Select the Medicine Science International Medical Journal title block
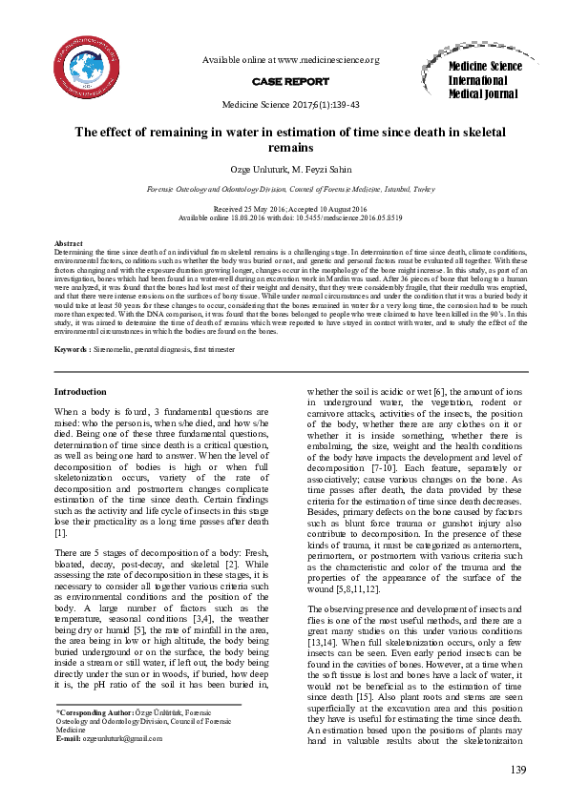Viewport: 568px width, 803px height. [x=485, y=80]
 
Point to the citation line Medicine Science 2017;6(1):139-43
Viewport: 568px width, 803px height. [x=290, y=105]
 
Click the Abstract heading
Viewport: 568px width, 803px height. [x=70, y=244]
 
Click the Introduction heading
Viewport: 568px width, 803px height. [x=80, y=392]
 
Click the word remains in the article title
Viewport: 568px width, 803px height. [x=290, y=149]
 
